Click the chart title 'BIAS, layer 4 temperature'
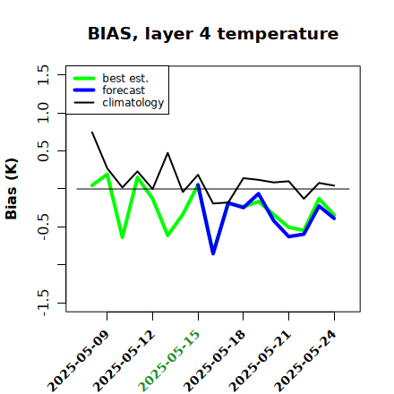coord(213,34)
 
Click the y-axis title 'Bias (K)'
coord(12,189)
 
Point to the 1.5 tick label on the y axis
coord(43,74)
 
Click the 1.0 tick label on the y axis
coord(43,113)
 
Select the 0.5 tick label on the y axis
coord(43,151)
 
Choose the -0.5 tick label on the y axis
coord(43,227)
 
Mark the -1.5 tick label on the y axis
coord(43,303)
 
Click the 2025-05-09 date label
coord(79,361)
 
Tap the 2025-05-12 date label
coord(124,361)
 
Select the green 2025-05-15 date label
coord(170,361)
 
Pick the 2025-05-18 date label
coord(215,361)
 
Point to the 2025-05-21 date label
coord(261,361)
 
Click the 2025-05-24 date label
coord(306,361)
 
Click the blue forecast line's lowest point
coord(213,253)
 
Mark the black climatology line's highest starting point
coord(92,132)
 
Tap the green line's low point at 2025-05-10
coord(122,237)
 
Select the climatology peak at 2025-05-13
coord(167,153)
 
